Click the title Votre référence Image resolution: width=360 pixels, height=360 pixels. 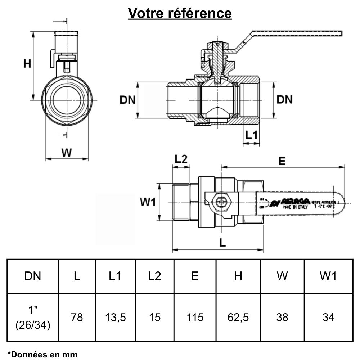(180, 13)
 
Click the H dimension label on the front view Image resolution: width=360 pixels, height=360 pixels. (27, 64)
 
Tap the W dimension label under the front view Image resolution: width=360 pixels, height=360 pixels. (66, 153)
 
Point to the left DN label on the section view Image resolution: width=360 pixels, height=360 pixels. (127, 100)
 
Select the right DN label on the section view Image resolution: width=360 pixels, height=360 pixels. (284, 100)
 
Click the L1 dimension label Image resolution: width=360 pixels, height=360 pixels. (251, 135)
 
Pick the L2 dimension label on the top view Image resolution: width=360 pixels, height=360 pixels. (181, 159)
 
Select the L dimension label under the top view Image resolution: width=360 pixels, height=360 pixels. (222, 243)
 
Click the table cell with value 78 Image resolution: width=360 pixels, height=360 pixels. (77, 317)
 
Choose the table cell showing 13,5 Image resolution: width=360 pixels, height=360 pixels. (115, 317)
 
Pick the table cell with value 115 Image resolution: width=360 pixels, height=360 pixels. (195, 317)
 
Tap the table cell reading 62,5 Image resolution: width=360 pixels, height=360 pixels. (238, 317)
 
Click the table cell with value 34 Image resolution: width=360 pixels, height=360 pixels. (328, 317)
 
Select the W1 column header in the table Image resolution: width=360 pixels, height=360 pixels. (328, 276)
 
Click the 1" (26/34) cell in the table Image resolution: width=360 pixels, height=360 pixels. (33, 317)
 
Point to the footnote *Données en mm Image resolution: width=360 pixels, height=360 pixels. (42, 354)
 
